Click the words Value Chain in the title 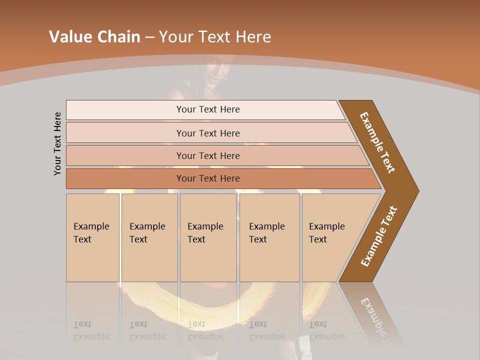tap(94, 37)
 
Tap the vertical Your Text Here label tap(57, 143)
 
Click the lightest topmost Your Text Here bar tap(208, 109)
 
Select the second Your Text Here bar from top tap(208, 133)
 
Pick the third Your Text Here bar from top tap(208, 155)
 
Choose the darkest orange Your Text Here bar tap(208, 178)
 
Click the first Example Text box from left tap(92, 237)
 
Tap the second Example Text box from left tap(149, 237)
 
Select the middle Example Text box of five tap(207, 237)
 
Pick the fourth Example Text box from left tap(269, 237)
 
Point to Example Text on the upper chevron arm tap(377, 142)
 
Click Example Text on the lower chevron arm tap(378, 236)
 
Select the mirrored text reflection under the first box tap(91, 330)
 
